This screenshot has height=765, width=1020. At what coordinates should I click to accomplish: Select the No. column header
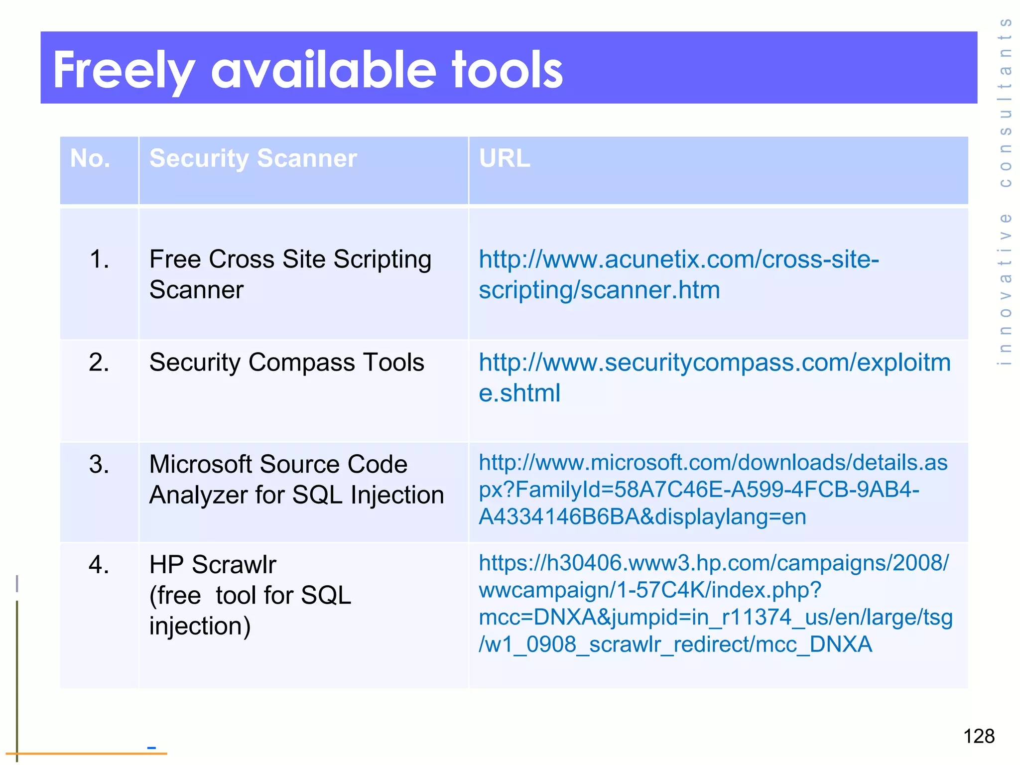pos(90,158)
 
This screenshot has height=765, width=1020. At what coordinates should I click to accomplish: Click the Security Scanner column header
pos(253,158)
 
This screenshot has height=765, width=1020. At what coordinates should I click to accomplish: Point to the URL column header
pos(505,158)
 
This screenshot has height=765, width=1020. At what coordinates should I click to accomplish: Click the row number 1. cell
pos(100,259)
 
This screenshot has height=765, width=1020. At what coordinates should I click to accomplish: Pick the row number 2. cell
pos(99,362)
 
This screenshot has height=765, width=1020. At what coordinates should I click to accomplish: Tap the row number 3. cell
pos(99,464)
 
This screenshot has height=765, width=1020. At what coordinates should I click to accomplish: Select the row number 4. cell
pos(99,565)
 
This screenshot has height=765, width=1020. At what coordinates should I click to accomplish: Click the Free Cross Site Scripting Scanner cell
pos(290,274)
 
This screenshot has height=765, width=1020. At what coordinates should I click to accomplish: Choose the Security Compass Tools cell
pos(286,362)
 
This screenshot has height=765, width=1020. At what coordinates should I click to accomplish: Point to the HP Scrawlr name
pos(213,565)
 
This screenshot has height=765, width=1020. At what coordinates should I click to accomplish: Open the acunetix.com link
pos(678,274)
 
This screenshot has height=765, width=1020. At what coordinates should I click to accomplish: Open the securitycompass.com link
pos(714,377)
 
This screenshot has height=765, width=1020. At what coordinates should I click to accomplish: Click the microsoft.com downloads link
pos(713,490)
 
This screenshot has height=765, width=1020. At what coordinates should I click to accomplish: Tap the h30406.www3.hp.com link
pos(715,604)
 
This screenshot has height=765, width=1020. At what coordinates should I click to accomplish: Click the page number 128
pos(979,736)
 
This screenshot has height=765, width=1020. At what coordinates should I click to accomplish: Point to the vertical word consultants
pos(1005,102)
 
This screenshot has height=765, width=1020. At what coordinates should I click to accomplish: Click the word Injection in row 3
pos(397,495)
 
